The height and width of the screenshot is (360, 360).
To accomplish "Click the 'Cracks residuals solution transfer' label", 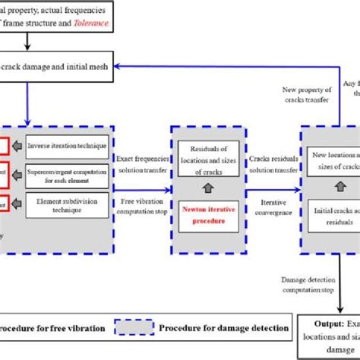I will click(x=276, y=161).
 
